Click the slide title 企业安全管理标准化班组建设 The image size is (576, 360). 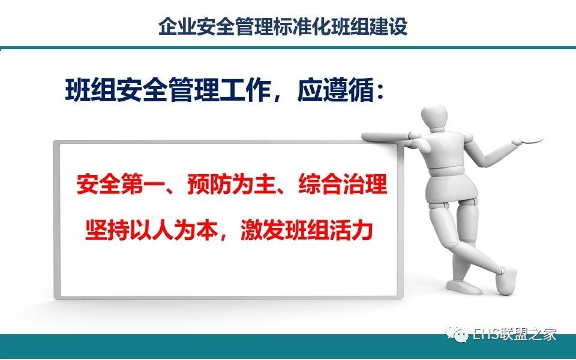(283, 27)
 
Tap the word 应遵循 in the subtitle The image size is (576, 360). (335, 89)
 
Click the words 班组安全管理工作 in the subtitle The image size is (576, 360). (168, 89)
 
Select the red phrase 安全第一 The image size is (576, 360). (120, 184)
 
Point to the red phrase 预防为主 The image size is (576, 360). (232, 184)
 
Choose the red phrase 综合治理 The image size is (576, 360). (343, 184)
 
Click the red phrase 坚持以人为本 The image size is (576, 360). (151, 230)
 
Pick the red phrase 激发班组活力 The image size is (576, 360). (307, 230)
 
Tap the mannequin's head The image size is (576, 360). (434, 118)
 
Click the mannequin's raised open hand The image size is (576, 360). (528, 140)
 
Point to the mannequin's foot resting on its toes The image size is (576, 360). (506, 280)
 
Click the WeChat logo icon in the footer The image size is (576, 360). (456, 334)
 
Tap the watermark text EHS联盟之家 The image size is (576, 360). (515, 334)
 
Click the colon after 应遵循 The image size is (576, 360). (380, 92)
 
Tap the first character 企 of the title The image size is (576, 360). (168, 27)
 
